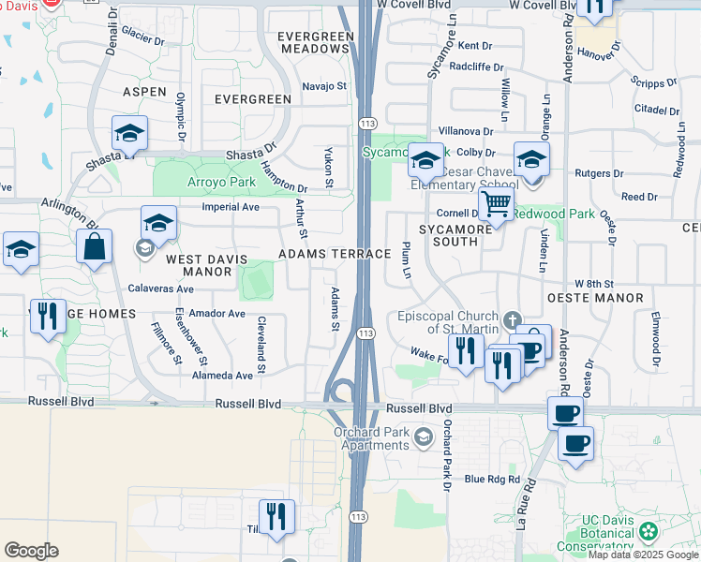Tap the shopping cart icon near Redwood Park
(x=496, y=202)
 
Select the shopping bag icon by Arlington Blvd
(x=95, y=248)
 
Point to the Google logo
(x=31, y=551)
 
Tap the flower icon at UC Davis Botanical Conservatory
(x=647, y=531)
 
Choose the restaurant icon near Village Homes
(x=48, y=316)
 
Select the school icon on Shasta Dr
(x=130, y=134)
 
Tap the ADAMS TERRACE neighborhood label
(x=334, y=255)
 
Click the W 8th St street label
(x=593, y=283)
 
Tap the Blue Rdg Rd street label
(x=491, y=479)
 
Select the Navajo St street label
(x=324, y=86)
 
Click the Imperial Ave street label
(x=230, y=207)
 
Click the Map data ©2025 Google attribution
(x=643, y=555)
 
